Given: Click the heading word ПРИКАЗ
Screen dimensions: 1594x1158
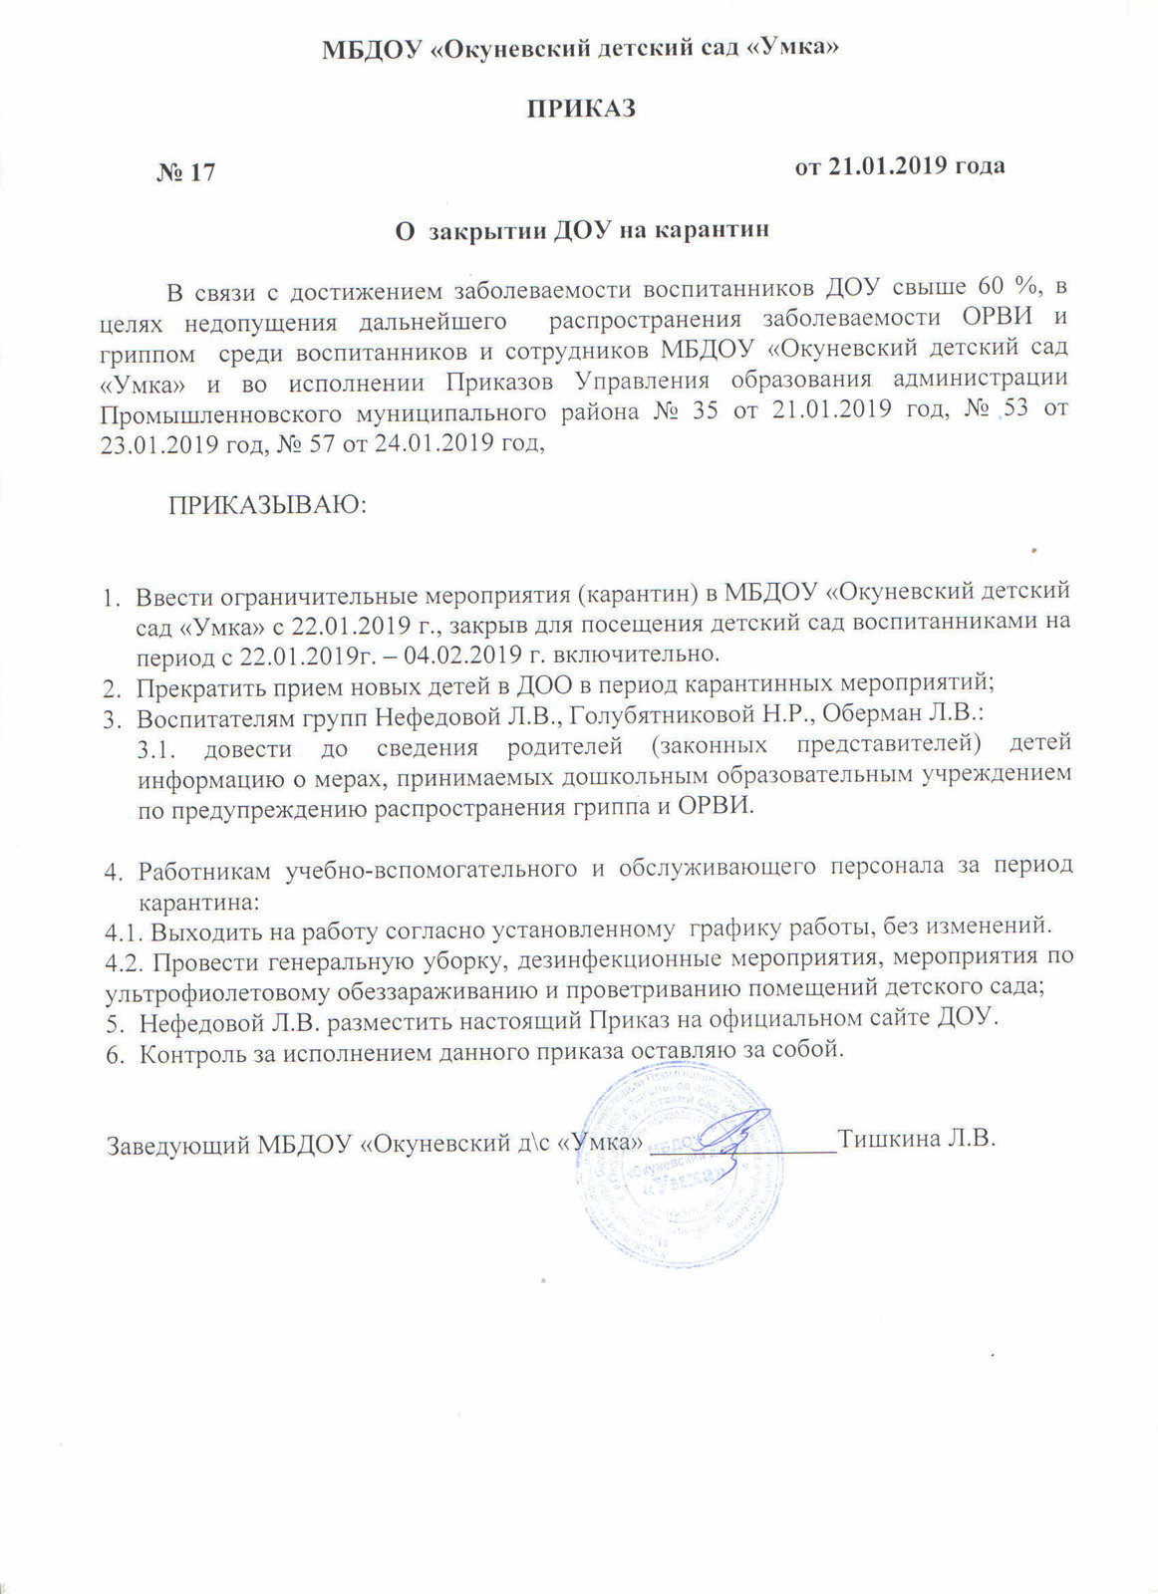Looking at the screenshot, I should (x=581, y=109).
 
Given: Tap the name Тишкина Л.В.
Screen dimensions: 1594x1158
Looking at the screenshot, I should (x=918, y=1138).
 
